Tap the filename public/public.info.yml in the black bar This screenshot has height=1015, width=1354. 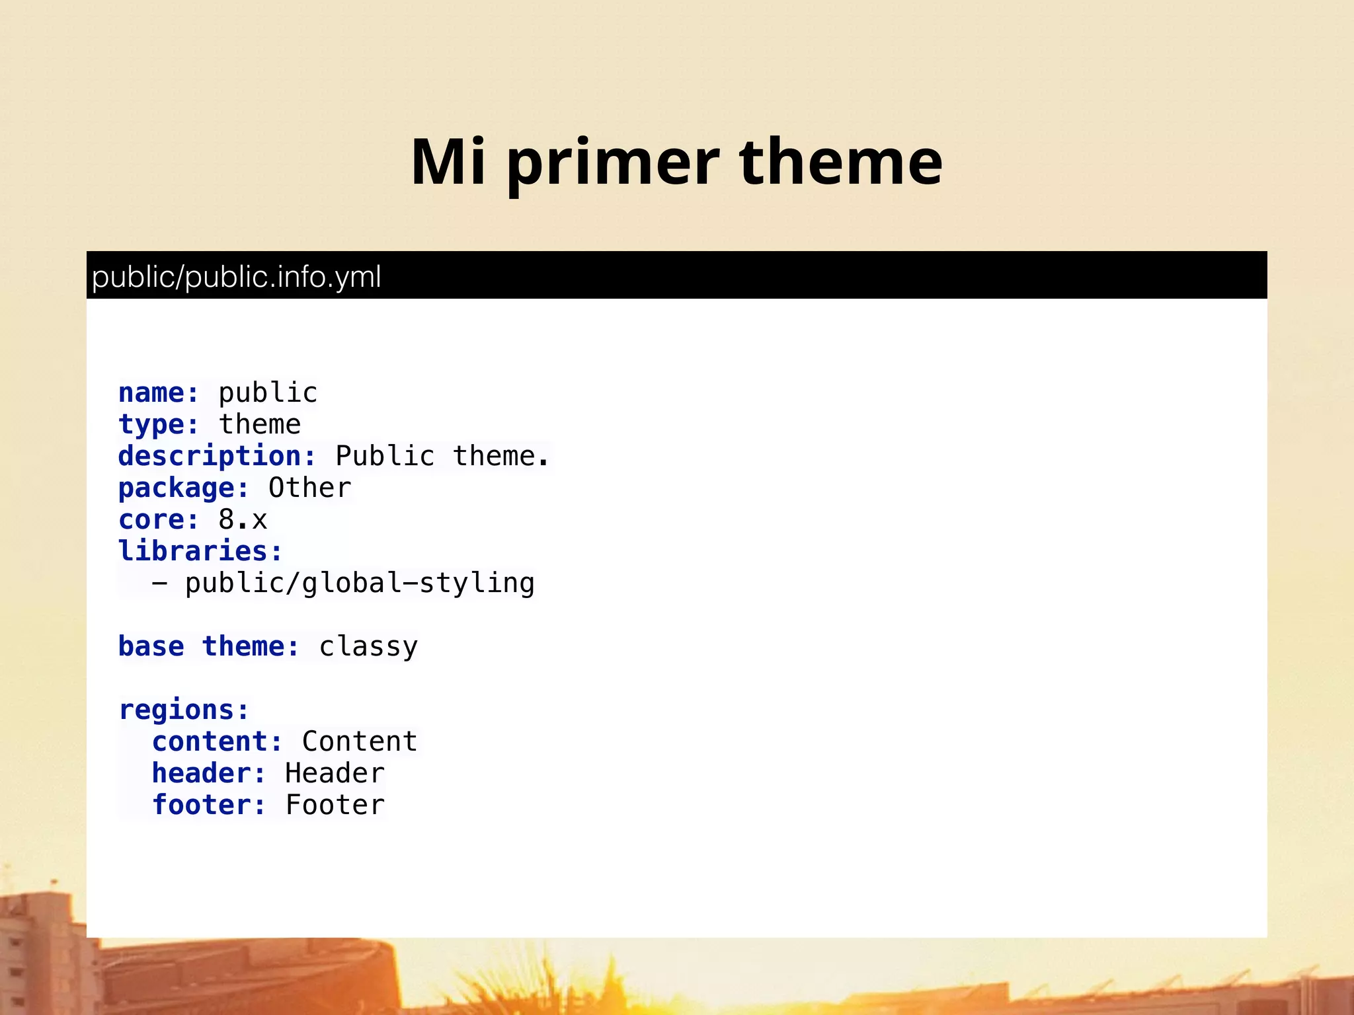pyautogui.click(x=236, y=277)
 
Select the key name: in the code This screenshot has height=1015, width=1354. pyautogui.click(x=159, y=393)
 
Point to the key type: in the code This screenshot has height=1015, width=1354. pyautogui.click(x=159, y=424)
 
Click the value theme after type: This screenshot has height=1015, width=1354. pyautogui.click(x=260, y=424)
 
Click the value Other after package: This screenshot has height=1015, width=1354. pyautogui.click(x=309, y=488)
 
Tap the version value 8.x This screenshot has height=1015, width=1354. pyautogui.click(x=243, y=519)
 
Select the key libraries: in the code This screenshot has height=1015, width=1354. pyautogui.click(x=200, y=551)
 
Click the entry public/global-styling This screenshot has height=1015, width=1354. pyautogui.click(x=359, y=583)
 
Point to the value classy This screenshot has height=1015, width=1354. pyautogui.click(x=368, y=647)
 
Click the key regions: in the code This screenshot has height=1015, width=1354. pyautogui.click(x=184, y=710)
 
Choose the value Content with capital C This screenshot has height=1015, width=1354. pyautogui.click(x=360, y=741)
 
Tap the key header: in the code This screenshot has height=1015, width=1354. pyautogui.click(x=209, y=773)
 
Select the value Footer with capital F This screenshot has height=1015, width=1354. pyautogui.click(x=335, y=805)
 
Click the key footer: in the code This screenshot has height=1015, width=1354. pyautogui.click(x=209, y=805)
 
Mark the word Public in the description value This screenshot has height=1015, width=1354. pyautogui.click(x=385, y=457)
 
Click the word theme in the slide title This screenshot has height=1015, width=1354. pyautogui.click(x=841, y=163)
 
